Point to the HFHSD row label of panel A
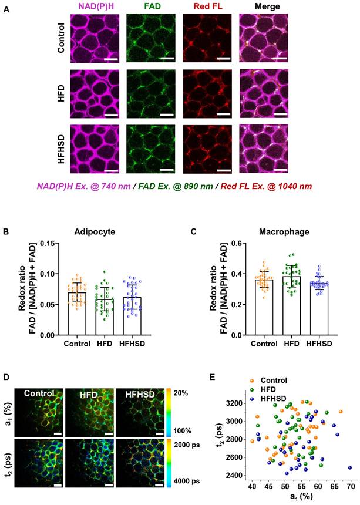coord(61,144)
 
